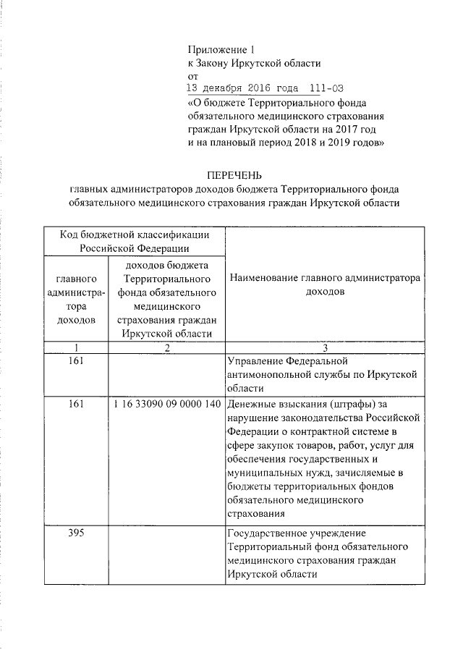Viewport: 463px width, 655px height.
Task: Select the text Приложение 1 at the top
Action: coord(221,50)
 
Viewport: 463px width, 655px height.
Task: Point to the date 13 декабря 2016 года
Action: coord(242,89)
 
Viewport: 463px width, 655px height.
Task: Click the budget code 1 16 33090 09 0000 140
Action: coord(166,404)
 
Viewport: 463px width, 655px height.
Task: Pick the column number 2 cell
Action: coord(166,347)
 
